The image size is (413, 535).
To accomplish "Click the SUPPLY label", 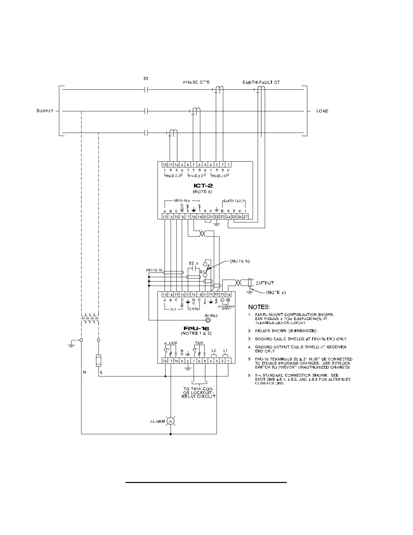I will point(45,111).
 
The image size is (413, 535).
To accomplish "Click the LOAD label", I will point(322,111).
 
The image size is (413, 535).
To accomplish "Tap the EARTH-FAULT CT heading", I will point(261,82).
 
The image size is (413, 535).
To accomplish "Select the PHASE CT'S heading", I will point(196,82).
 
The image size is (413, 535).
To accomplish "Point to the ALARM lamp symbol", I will point(171,421).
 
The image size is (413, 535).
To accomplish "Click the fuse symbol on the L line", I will point(99,360).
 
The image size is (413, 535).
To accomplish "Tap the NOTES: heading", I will point(259,307).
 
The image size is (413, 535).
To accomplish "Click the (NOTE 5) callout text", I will point(240,261).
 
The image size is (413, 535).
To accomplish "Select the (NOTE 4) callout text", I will point(276,292).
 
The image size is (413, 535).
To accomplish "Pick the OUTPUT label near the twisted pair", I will point(264,283).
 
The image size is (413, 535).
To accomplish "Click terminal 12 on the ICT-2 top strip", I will point(165,164).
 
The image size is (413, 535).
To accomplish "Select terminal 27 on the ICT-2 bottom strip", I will point(245,216).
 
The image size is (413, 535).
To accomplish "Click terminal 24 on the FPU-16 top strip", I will point(228,295).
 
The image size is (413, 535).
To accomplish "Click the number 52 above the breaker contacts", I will point(146,78).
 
